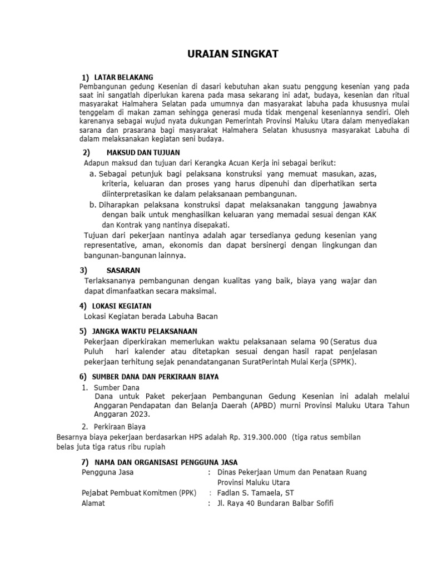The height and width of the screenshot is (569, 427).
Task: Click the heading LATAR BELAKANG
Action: click(x=123, y=77)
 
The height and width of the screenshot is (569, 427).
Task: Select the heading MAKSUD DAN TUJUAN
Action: click(x=143, y=152)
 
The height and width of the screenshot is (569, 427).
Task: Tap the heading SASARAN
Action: click(x=123, y=270)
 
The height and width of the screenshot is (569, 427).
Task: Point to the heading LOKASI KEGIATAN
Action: click(x=121, y=306)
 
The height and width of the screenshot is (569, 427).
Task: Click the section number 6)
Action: click(x=83, y=376)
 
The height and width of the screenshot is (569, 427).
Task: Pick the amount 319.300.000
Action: click(x=264, y=437)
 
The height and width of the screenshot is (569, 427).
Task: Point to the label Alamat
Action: click(x=93, y=503)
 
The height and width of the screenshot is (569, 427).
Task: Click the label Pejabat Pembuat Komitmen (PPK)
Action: click(x=138, y=493)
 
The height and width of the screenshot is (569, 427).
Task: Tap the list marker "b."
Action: click(x=93, y=205)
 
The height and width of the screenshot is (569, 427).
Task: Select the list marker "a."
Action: click(x=93, y=174)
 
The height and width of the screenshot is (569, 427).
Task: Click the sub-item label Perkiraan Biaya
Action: click(x=120, y=427)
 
